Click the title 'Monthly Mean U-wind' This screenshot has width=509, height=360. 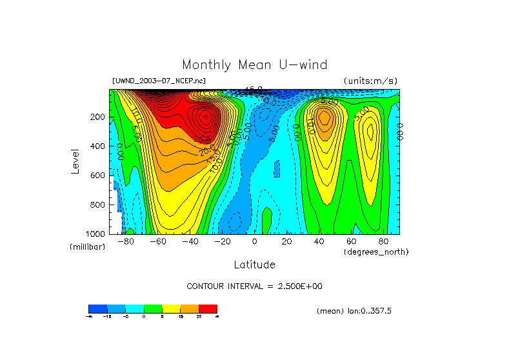[254, 65]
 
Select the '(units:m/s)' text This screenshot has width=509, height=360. [370, 81]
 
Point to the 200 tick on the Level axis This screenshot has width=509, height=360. [99, 117]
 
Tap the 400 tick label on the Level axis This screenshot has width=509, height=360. [99, 146]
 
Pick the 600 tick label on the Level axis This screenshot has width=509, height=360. [99, 175]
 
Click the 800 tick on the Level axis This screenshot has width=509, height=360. [99, 205]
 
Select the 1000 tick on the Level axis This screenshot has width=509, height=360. [97, 234]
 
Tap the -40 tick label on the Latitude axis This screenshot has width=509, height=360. [190, 242]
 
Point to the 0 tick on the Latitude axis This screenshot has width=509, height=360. [254, 242]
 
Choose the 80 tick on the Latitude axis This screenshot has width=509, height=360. [383, 242]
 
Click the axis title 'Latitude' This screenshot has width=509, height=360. [254, 265]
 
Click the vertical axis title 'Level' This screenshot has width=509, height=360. [77, 161]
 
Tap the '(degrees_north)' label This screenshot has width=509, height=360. [376, 252]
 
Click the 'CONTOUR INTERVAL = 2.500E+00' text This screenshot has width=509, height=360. [254, 286]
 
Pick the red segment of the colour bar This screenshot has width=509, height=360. [208, 309]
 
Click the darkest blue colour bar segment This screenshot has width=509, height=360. [97, 309]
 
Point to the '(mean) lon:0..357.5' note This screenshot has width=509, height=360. [354, 311]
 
